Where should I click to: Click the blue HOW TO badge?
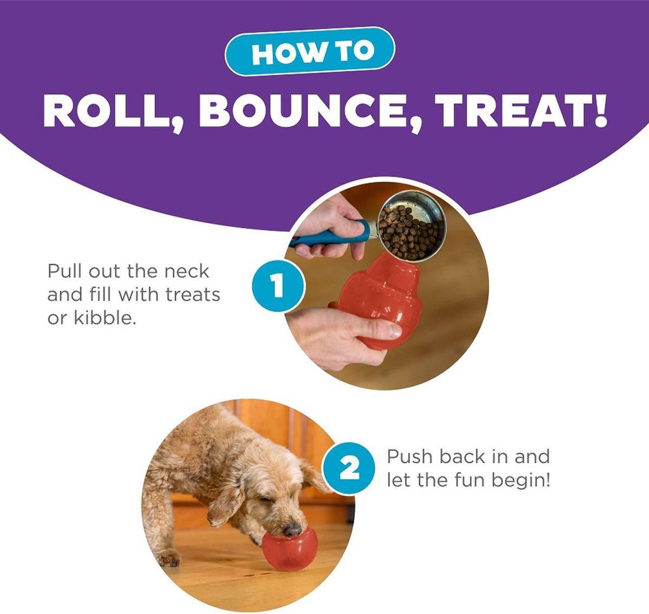coord(310,51)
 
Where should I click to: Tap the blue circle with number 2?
coord(350,468)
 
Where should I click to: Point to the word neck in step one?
coord(187,271)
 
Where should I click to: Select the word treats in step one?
coord(193,295)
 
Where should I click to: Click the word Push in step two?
coord(410,457)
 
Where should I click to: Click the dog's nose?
coord(292,530)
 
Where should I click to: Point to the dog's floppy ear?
coord(224,502)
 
